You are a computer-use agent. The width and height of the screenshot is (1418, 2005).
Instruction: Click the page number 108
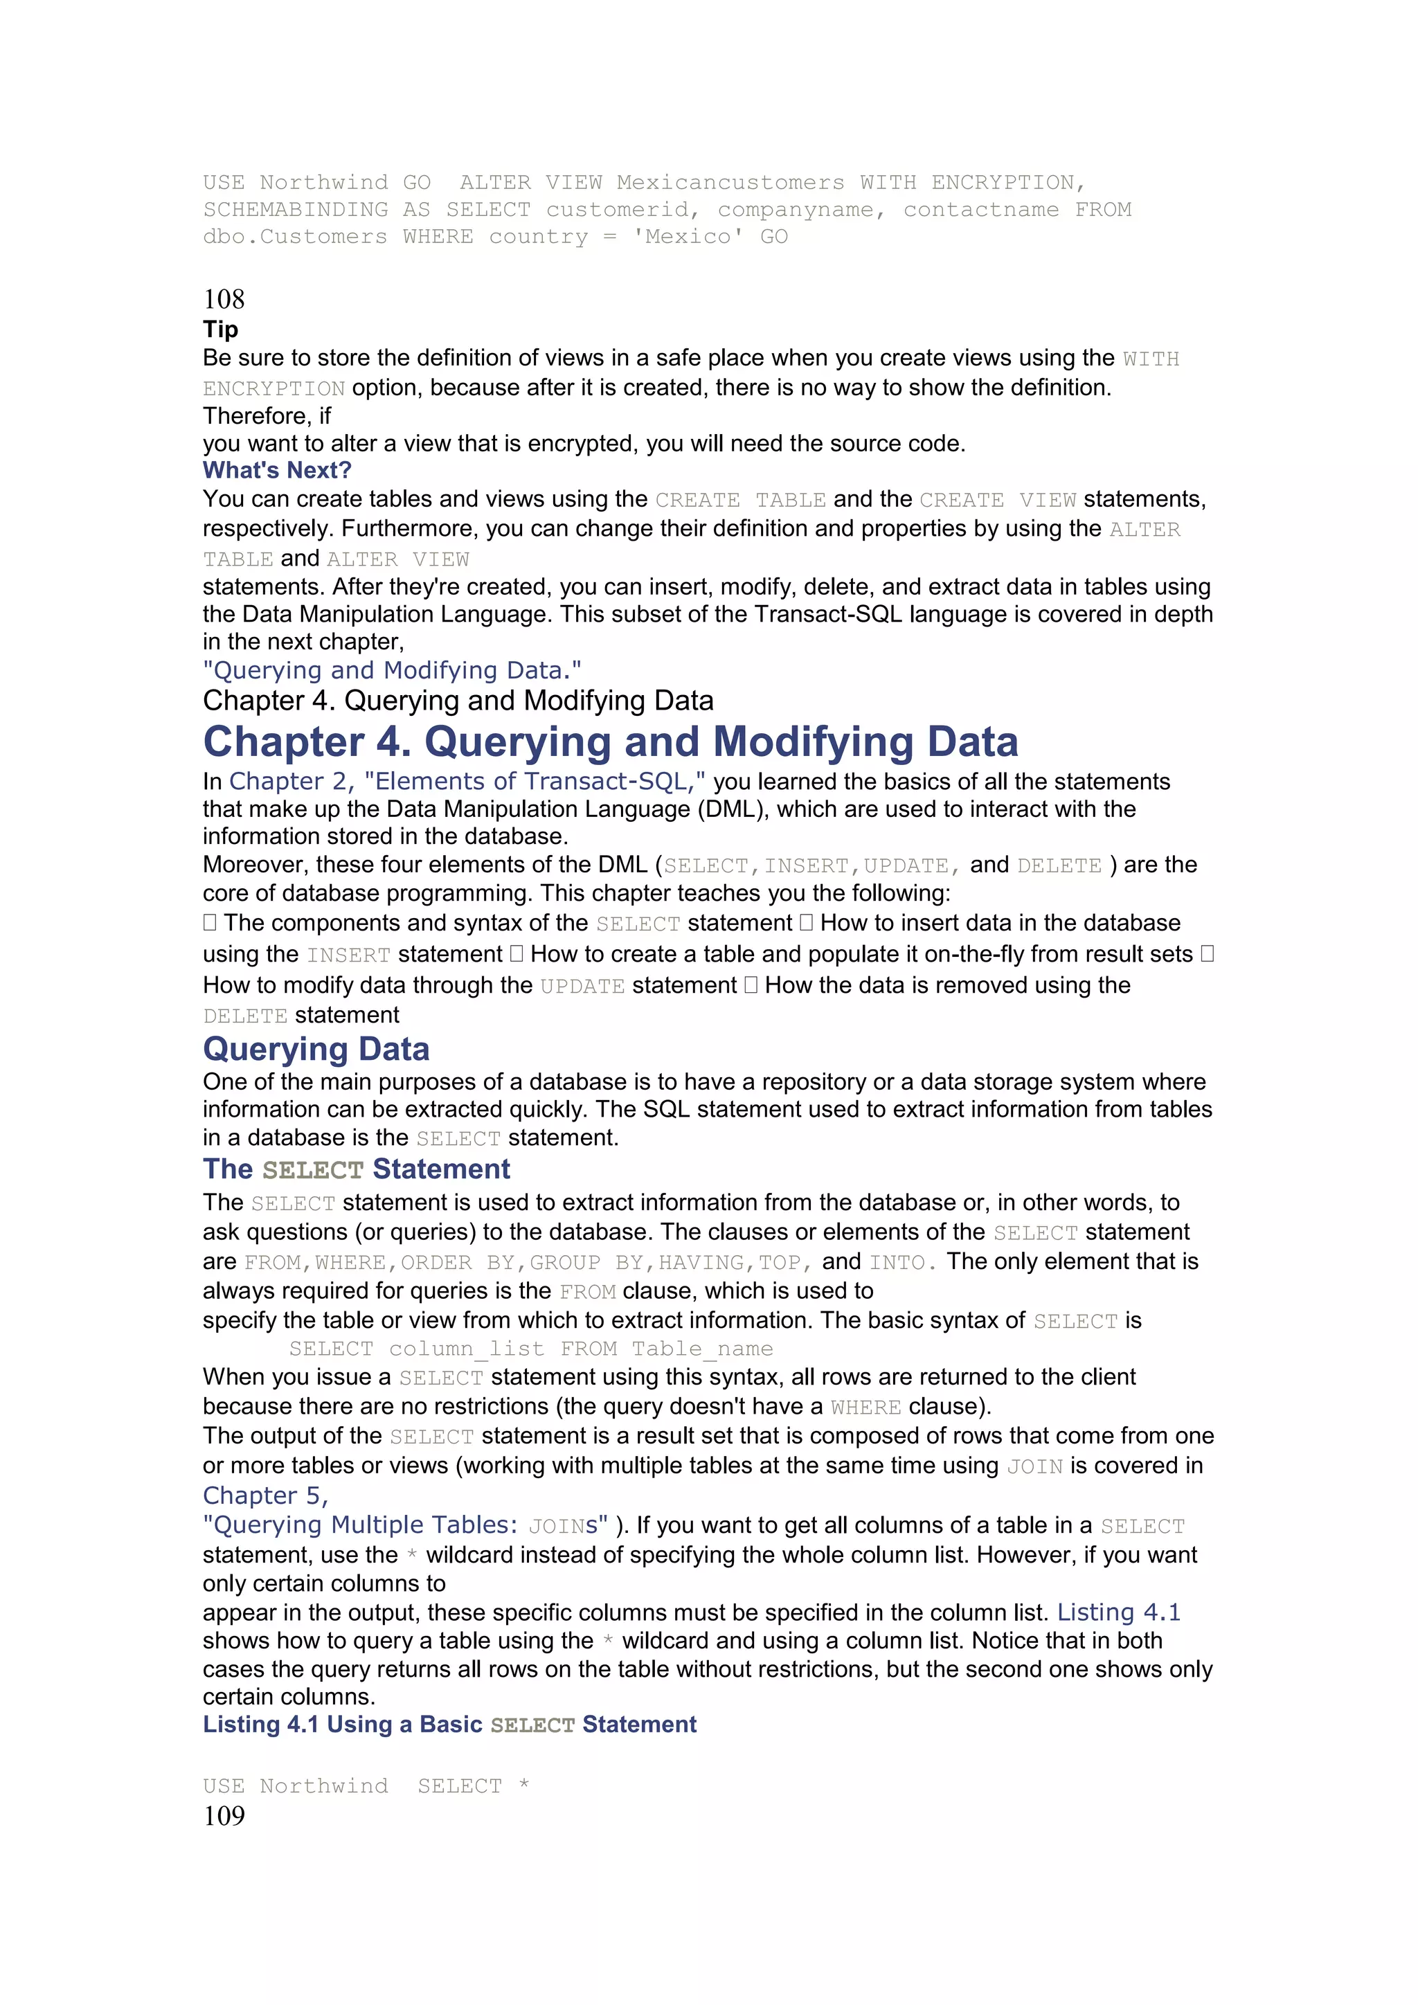point(224,300)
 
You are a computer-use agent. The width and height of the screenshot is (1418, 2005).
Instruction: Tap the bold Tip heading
point(220,330)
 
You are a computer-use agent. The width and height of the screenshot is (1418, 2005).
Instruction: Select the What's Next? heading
point(277,470)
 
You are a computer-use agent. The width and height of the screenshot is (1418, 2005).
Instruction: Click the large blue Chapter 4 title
point(609,741)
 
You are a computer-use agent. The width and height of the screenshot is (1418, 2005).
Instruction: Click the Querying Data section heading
point(316,1049)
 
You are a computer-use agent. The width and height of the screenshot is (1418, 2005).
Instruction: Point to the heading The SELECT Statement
point(357,1169)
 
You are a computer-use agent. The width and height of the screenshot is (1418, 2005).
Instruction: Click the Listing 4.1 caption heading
point(449,1725)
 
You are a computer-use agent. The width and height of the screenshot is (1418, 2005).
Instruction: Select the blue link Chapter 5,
point(265,1496)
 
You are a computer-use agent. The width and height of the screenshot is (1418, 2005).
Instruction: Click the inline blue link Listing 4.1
point(1118,1612)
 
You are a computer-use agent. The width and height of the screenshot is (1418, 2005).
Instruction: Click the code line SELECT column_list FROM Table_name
point(531,1349)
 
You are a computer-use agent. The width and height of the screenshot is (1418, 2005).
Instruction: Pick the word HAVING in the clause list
point(702,1263)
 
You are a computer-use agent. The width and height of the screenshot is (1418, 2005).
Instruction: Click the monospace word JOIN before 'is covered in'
point(1034,1466)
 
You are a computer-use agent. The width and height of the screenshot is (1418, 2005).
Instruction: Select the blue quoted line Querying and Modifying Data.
point(391,671)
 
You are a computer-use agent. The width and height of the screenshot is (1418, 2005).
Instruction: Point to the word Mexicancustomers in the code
point(730,183)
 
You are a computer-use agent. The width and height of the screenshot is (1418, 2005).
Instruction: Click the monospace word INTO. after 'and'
point(902,1263)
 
